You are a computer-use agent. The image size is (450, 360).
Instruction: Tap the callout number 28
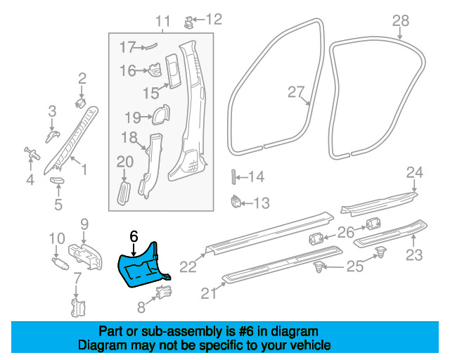tap(400, 21)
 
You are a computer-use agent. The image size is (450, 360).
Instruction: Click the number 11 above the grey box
tap(162, 22)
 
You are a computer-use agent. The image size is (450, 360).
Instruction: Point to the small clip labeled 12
tap(188, 20)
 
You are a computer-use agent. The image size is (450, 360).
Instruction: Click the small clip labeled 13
tap(236, 202)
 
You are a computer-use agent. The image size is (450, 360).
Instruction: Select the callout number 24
tap(415, 172)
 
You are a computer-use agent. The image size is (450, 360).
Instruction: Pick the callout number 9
tap(84, 224)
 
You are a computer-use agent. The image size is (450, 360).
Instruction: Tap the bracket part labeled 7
tap(78, 307)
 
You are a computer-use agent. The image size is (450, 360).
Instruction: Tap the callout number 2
tap(82, 78)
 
